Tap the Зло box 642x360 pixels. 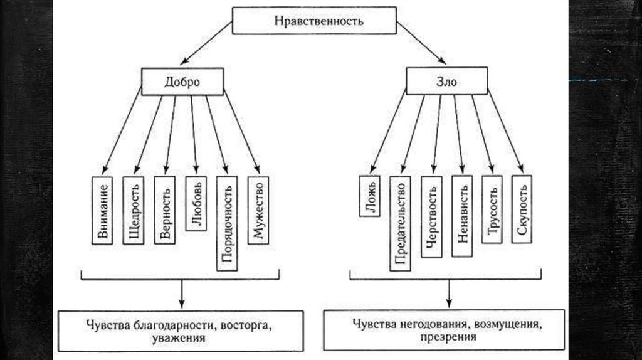tap(446, 82)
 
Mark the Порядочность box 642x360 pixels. tap(226, 223)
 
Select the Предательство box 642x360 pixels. tap(400, 223)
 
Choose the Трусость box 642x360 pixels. tap(493, 209)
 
